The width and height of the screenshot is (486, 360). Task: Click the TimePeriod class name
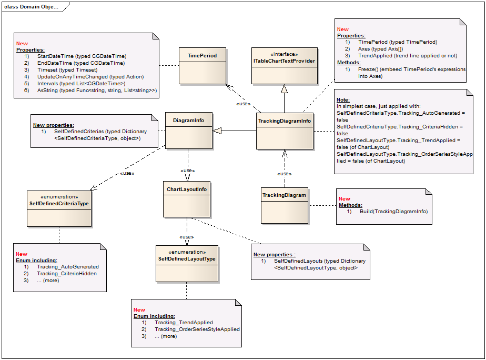coord(202,55)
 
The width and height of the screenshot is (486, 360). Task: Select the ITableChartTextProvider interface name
coord(284,61)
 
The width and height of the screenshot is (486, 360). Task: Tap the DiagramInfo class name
coord(188,120)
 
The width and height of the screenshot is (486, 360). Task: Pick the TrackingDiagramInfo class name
coord(285,121)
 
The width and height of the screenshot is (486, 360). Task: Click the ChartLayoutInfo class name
coord(187,189)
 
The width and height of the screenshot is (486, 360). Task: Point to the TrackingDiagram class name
coord(284,195)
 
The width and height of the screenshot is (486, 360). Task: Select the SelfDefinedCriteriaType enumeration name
coord(58,203)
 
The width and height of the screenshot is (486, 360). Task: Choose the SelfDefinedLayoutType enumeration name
coord(187,258)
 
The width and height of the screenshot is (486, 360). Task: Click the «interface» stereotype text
coord(284,54)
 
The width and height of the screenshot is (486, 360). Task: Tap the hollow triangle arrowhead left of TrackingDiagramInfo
coord(217,131)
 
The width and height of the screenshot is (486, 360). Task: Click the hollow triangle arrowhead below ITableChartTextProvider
coord(284,88)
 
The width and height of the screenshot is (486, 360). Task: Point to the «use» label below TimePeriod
coord(242,103)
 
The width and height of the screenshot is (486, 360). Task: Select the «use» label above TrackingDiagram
coord(285,173)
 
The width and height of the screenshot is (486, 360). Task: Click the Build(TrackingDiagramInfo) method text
coord(393,211)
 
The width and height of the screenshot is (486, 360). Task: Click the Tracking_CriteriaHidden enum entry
coord(67,273)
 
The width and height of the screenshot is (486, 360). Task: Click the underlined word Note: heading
coord(343,99)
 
